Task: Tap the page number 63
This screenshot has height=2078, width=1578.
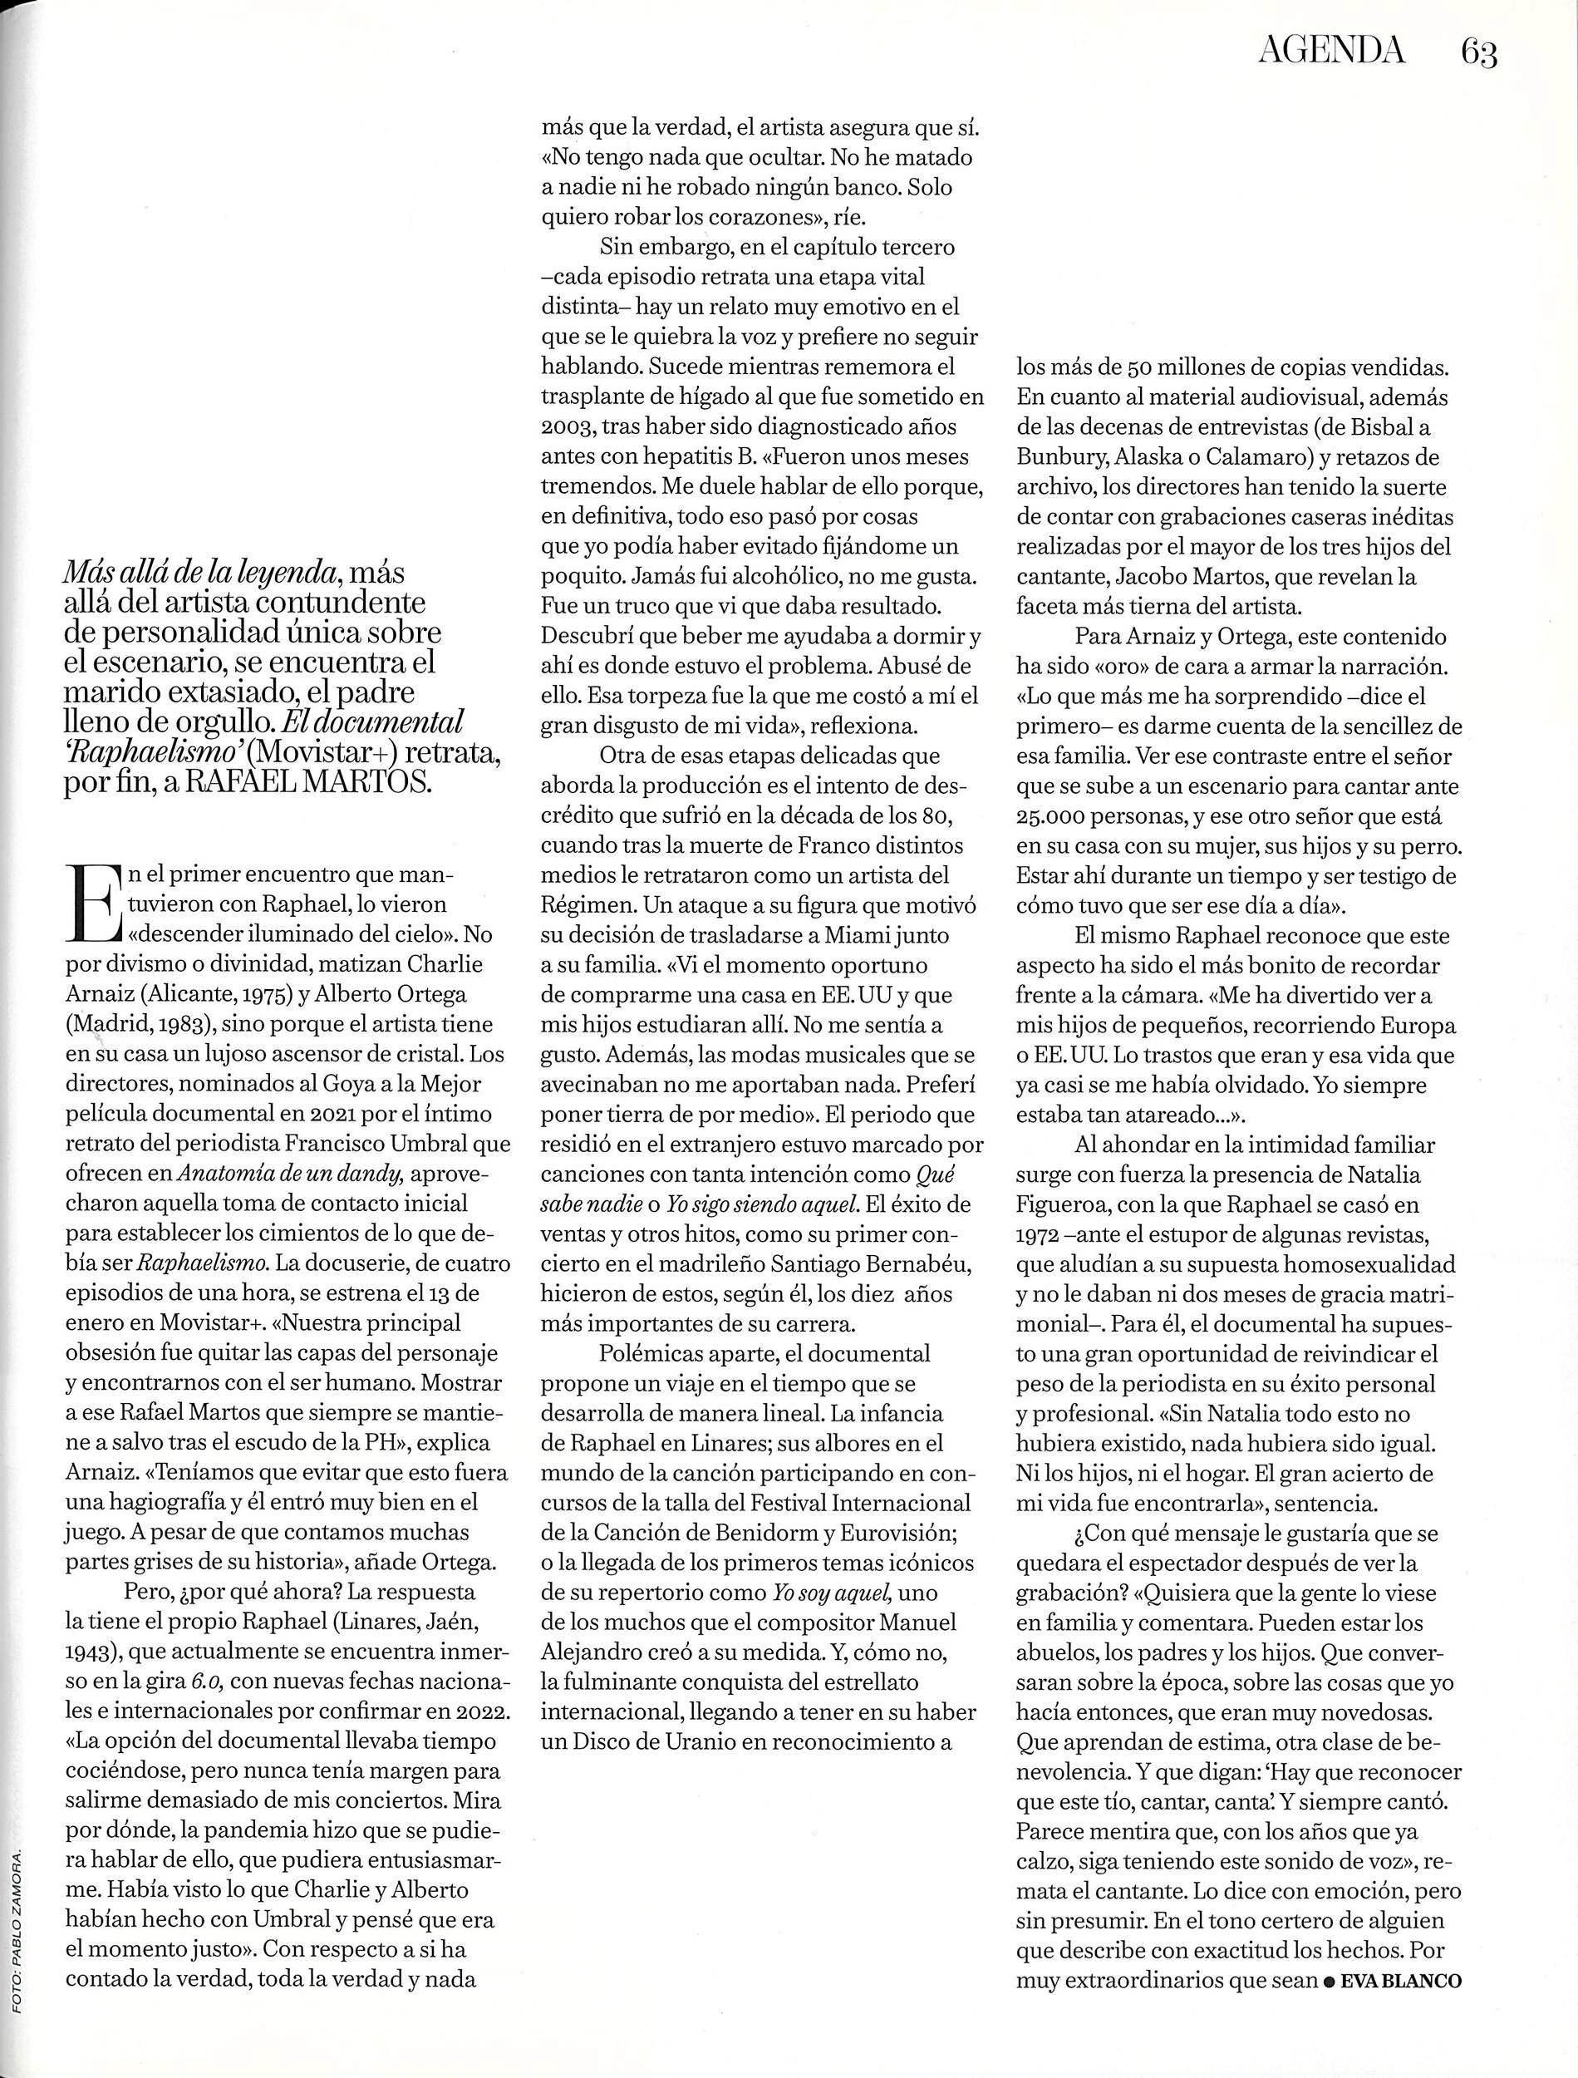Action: (x=1478, y=52)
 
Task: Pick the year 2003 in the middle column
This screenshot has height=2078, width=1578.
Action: (x=567, y=426)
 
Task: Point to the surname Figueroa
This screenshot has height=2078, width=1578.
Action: (x=1068, y=1204)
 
